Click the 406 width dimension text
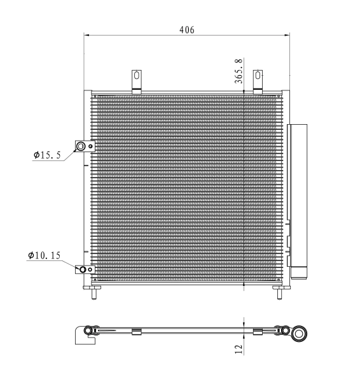(x=186, y=29)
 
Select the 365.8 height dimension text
(x=239, y=71)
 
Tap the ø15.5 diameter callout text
(x=47, y=155)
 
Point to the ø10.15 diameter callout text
(x=44, y=255)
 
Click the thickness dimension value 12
(x=239, y=350)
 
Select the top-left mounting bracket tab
(x=136, y=80)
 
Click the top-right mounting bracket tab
(x=258, y=80)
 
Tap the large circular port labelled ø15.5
(x=81, y=147)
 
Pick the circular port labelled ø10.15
(x=82, y=269)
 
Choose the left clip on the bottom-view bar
(x=135, y=332)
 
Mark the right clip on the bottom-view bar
(x=258, y=332)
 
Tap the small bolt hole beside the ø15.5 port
(x=92, y=147)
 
